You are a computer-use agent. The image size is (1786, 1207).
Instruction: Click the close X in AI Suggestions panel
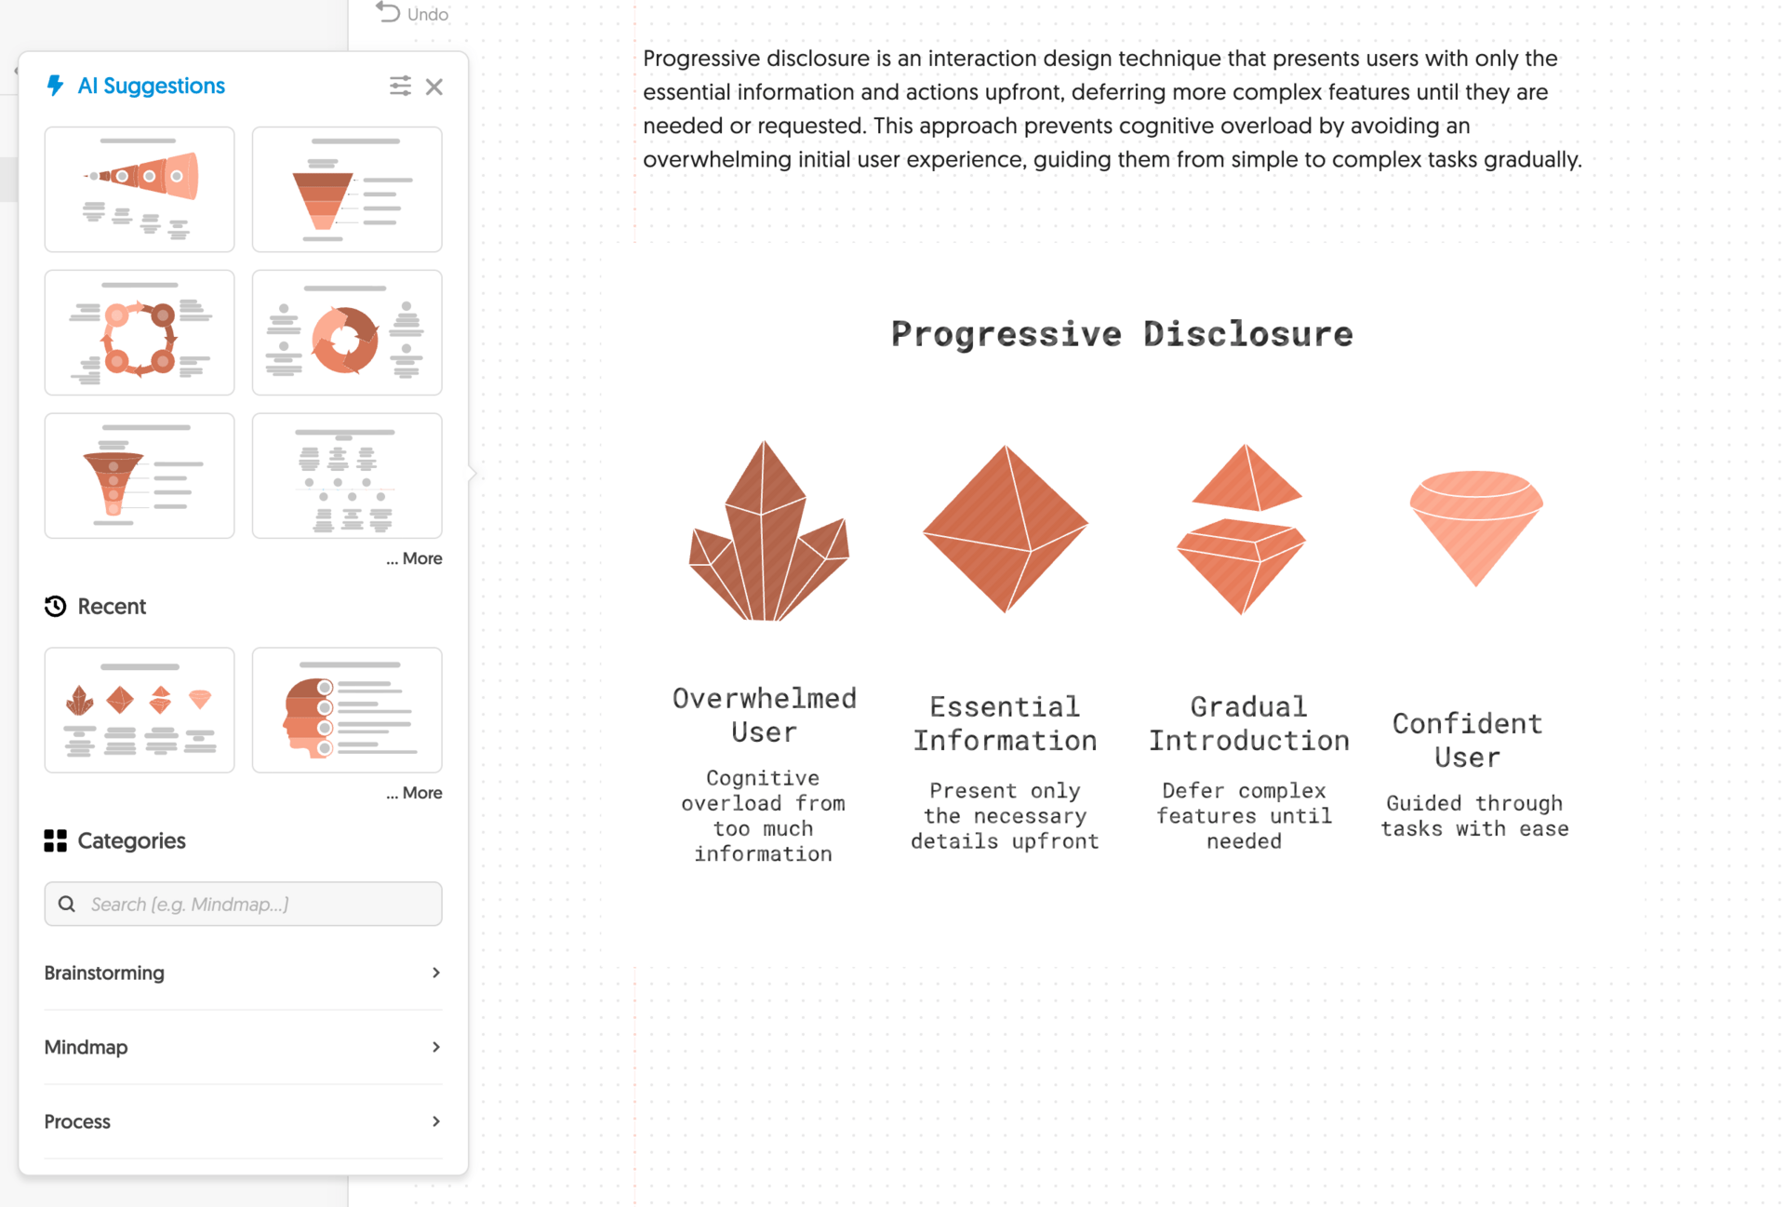coord(434,87)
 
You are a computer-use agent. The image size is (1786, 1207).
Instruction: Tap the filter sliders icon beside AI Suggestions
coord(400,87)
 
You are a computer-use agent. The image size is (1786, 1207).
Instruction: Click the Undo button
coord(412,14)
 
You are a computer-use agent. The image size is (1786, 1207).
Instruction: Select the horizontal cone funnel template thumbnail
coord(140,190)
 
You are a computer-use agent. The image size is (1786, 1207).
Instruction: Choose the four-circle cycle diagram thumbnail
coord(140,333)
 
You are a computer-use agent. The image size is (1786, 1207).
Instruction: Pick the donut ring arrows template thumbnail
coord(347,333)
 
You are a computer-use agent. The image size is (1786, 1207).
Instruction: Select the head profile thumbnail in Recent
coord(347,710)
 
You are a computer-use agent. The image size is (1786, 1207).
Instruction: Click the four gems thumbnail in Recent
coord(140,710)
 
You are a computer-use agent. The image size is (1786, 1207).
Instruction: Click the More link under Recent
coord(415,793)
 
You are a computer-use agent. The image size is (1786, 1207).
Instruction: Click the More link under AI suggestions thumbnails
coord(415,558)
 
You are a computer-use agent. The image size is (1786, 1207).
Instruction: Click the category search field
coord(244,904)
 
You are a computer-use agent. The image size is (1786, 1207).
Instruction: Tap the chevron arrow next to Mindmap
coord(435,1047)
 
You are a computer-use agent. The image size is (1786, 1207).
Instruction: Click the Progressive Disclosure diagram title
coord(1122,334)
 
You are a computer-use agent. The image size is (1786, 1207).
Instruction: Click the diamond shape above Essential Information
coord(1006,529)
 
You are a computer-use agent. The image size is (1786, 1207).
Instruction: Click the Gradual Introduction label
coord(1248,724)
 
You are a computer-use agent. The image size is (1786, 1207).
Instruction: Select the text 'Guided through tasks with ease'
coord(1475,816)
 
